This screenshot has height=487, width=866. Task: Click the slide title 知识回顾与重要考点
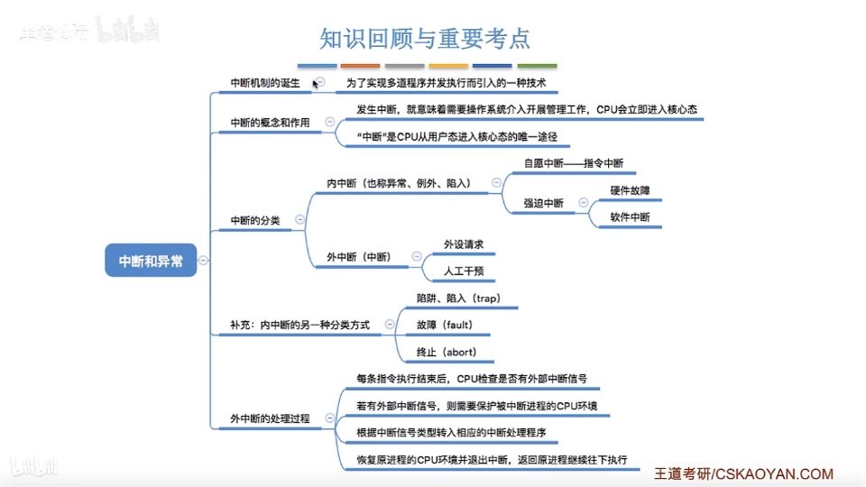(425, 39)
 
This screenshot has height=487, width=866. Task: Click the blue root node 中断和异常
(151, 261)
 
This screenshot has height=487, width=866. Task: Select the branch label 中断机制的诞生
(264, 83)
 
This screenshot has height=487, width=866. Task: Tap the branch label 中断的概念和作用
(271, 123)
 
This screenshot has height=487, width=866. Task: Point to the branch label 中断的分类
(255, 220)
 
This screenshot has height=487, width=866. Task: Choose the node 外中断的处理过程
(271, 418)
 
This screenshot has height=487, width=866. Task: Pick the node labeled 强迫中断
(544, 204)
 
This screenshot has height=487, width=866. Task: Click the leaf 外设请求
(464, 244)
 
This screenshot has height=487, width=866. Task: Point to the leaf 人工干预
(464, 271)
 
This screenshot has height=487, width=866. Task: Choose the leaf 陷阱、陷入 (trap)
(458, 298)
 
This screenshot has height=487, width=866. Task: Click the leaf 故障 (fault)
(445, 325)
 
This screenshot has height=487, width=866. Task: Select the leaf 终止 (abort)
(447, 352)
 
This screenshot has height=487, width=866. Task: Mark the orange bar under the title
(361, 66)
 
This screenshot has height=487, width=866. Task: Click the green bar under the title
(537, 66)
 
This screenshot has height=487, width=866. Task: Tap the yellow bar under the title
(448, 66)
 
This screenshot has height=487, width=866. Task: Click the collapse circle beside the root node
(204, 261)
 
